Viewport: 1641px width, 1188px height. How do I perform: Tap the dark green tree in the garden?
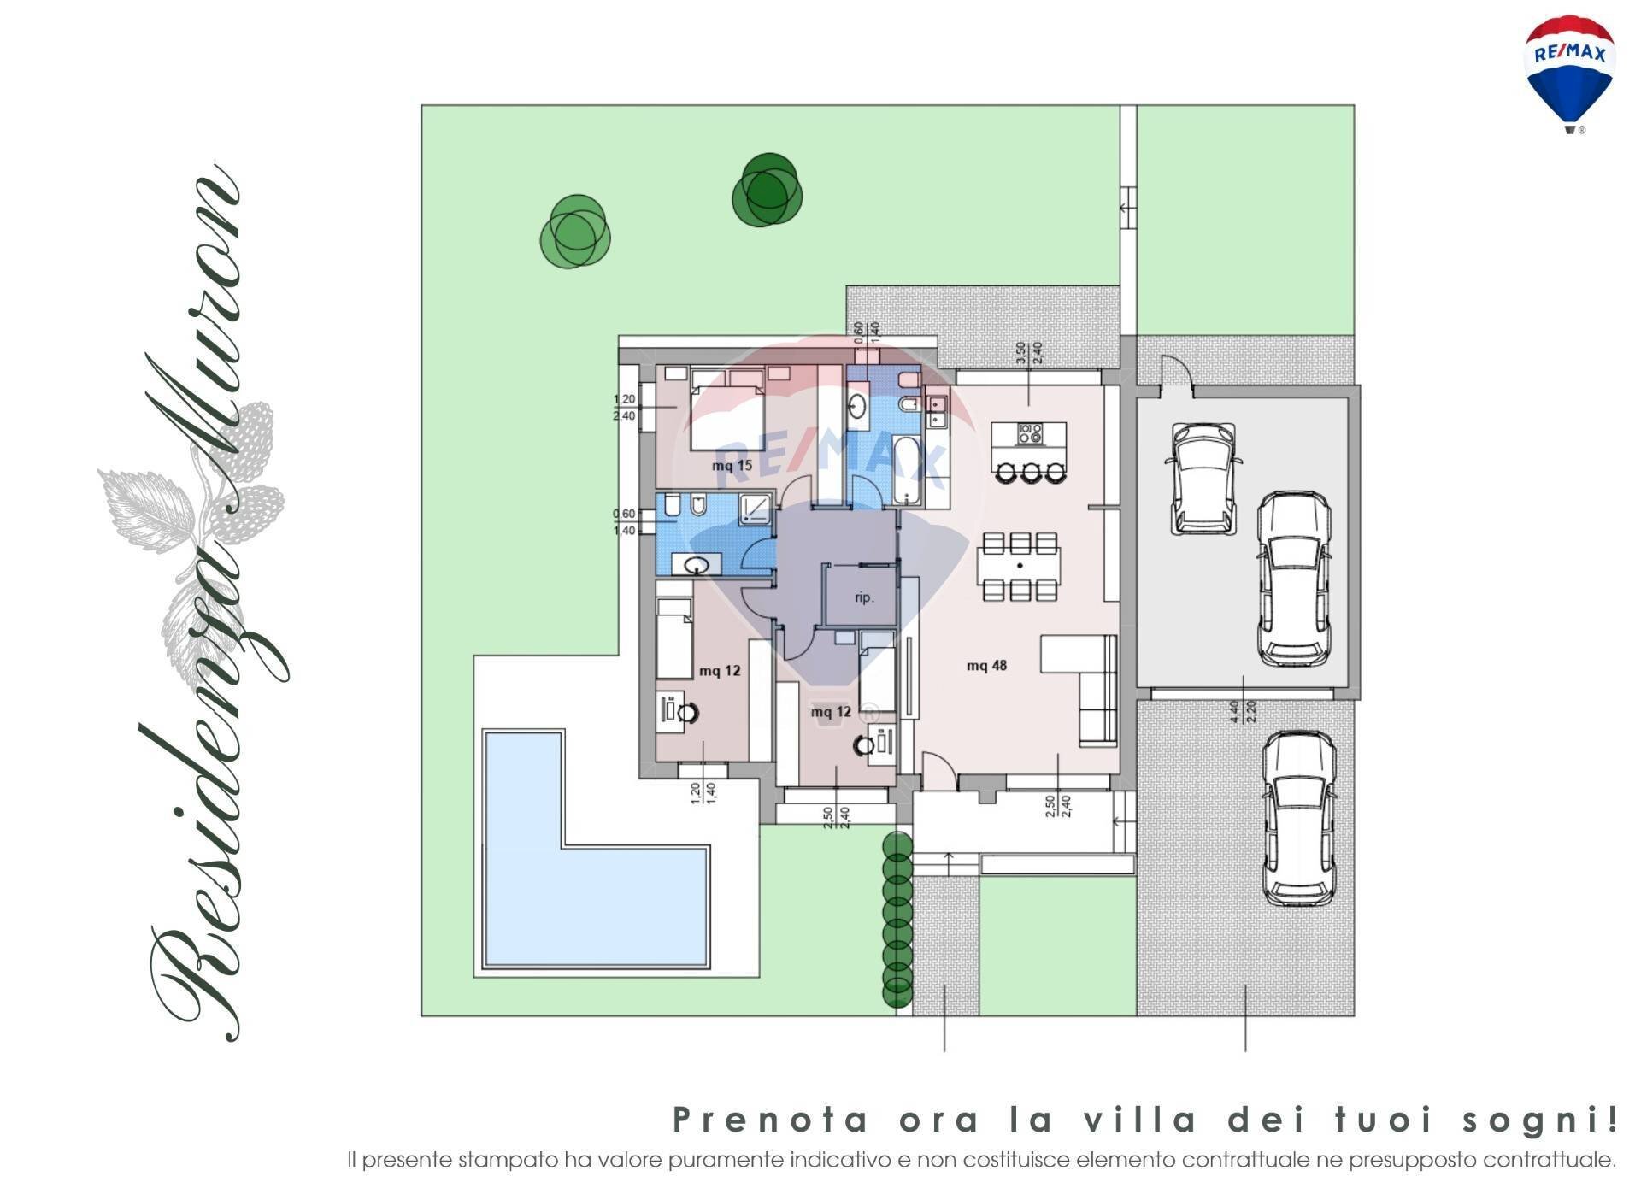[x=768, y=191]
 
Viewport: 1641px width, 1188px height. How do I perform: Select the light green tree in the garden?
[x=575, y=231]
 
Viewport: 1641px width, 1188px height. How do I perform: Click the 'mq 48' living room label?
[x=986, y=666]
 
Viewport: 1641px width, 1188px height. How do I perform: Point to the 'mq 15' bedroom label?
[x=732, y=466]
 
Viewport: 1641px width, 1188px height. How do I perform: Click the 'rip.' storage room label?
[x=864, y=597]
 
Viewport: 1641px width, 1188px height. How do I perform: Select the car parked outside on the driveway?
[x=1298, y=818]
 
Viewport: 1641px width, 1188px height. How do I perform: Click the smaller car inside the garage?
[x=1202, y=478]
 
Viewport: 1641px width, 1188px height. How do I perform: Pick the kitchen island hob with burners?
[x=1029, y=435]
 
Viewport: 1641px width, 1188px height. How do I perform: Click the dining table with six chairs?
[x=1020, y=566]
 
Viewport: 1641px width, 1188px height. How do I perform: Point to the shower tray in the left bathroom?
[x=755, y=509]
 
